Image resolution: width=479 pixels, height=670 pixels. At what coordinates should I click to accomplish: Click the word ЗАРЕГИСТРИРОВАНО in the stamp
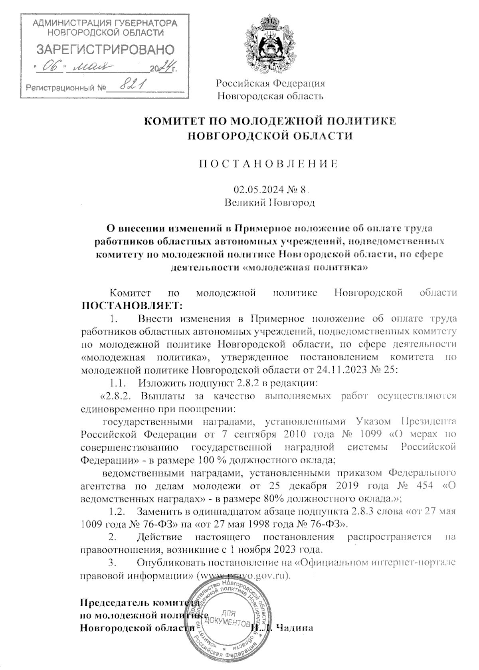click(105, 49)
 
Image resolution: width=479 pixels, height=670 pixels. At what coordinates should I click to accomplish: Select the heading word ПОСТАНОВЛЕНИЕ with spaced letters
click(270, 164)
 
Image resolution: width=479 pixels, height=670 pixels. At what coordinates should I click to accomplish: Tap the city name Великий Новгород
click(270, 202)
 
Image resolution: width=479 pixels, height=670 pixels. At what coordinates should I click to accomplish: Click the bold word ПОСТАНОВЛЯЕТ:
click(132, 306)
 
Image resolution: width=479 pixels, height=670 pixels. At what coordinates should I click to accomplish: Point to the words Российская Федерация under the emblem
click(270, 83)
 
